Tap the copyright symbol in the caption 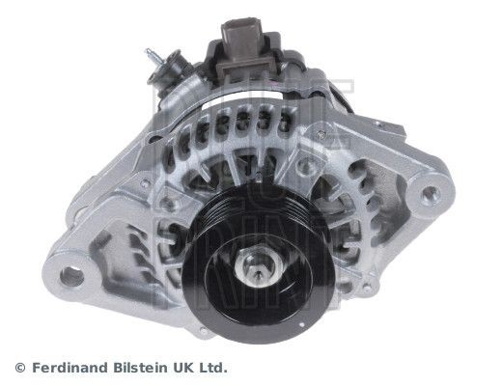pyautogui.click(x=20, y=368)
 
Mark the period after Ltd pyautogui.click(x=227, y=372)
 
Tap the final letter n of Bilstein pyautogui.click(x=164, y=369)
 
